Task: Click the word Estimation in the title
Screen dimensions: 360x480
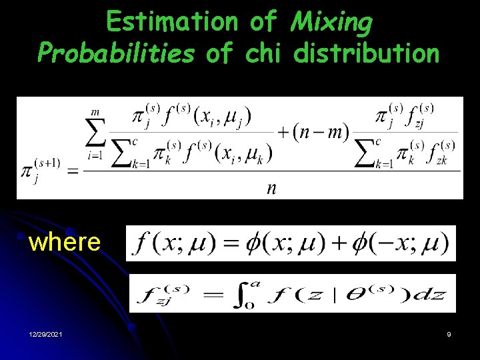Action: pyautogui.click(x=171, y=22)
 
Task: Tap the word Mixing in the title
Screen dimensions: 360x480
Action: pyautogui.click(x=333, y=23)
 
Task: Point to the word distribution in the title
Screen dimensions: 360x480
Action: pyautogui.click(x=367, y=53)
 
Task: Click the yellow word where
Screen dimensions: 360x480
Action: pyautogui.click(x=65, y=242)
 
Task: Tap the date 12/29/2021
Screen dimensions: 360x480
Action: pyautogui.click(x=45, y=334)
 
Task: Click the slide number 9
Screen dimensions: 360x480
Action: pyautogui.click(x=449, y=334)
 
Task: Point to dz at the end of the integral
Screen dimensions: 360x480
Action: pyautogui.click(x=436, y=294)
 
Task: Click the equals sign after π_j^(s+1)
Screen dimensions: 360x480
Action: pyautogui.click(x=71, y=172)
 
